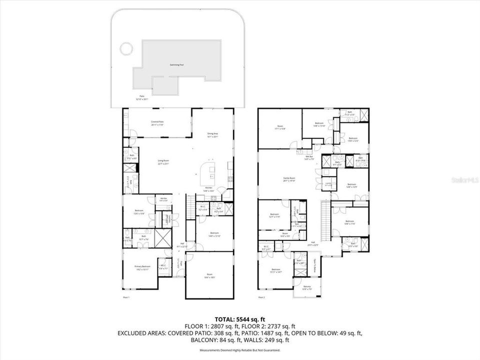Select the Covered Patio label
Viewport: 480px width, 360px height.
point(157,123)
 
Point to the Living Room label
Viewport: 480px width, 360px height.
point(163,162)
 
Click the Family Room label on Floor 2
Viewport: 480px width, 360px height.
point(289,179)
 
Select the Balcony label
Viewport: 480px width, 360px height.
point(307,287)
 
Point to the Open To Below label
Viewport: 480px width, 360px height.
point(315,263)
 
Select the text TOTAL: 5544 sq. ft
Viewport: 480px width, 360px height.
point(239,318)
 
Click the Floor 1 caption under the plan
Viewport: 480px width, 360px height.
point(126,297)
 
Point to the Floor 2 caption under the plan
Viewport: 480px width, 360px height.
point(261,297)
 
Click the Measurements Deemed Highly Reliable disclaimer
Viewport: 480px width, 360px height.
point(239,350)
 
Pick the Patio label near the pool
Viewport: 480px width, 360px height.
point(142,98)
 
